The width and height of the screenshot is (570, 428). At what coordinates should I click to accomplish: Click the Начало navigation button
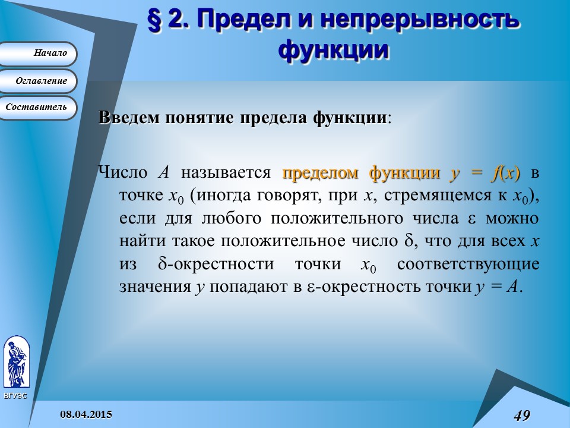point(38,53)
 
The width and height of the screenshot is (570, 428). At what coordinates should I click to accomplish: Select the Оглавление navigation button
point(38,81)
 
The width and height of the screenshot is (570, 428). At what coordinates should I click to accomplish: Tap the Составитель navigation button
point(38,108)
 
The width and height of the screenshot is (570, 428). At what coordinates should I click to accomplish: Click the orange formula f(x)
point(505,174)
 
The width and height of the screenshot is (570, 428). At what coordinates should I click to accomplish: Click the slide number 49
point(522,415)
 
